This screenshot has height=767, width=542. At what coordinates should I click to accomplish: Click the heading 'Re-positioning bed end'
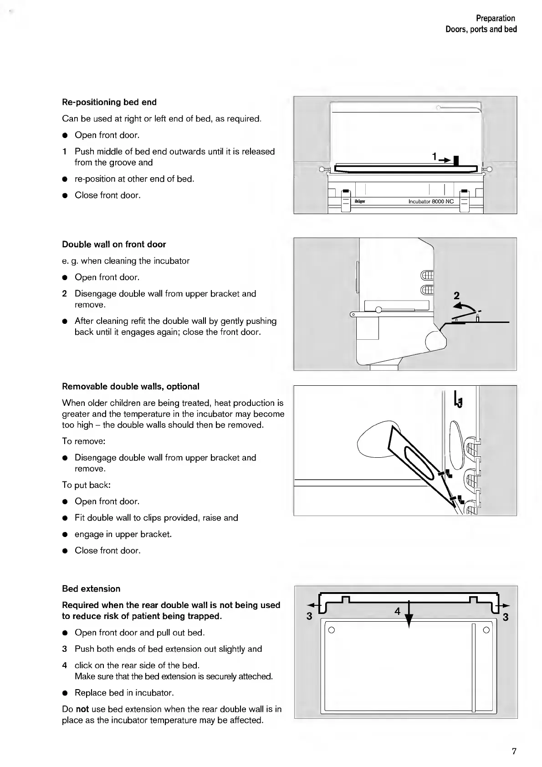(x=109, y=102)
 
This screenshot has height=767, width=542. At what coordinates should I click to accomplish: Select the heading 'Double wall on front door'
(x=114, y=244)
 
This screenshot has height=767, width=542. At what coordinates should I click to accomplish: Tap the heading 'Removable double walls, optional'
(x=131, y=386)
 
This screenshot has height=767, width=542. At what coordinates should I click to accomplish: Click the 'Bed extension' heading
(x=91, y=588)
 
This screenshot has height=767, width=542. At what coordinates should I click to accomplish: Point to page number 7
(x=514, y=751)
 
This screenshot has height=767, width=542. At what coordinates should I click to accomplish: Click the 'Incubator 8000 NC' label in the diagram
(x=431, y=201)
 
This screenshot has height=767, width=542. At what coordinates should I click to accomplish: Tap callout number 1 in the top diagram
(x=435, y=157)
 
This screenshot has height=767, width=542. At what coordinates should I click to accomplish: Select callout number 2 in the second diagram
(x=457, y=296)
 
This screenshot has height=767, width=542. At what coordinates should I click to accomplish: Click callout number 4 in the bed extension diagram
(x=398, y=611)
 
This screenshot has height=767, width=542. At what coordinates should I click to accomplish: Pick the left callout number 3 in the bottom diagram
(x=309, y=617)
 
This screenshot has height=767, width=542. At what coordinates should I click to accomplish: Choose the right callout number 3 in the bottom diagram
(x=505, y=617)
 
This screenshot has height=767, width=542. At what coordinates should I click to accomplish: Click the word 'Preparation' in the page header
(x=496, y=18)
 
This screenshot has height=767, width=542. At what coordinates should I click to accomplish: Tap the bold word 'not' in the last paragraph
(x=82, y=709)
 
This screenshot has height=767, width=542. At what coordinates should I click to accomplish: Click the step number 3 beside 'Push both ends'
(x=65, y=649)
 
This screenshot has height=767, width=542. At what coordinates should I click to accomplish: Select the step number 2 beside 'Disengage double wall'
(x=65, y=294)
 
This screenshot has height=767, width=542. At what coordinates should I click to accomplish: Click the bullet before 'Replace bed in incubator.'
(x=65, y=693)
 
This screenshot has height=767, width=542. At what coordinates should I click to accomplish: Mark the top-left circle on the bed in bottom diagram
(x=332, y=630)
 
